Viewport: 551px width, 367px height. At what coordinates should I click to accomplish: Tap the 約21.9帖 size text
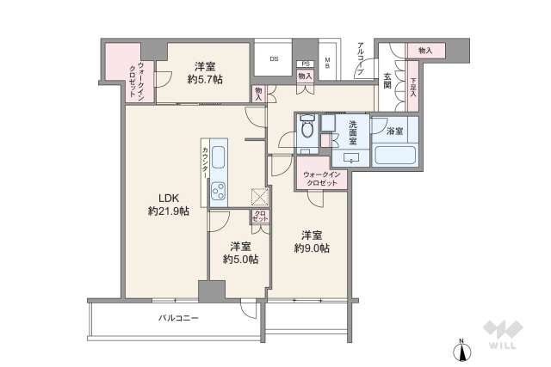(167, 211)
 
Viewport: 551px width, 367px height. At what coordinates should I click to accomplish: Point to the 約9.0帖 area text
(312, 248)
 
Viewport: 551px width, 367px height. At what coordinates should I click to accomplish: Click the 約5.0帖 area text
(240, 259)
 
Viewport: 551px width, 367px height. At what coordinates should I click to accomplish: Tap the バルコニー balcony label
(178, 319)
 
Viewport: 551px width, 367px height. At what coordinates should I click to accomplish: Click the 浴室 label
(395, 131)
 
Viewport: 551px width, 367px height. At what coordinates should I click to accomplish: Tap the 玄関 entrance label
(387, 83)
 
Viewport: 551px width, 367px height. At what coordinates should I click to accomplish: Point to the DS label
(274, 58)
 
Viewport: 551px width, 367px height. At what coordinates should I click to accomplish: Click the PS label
(305, 64)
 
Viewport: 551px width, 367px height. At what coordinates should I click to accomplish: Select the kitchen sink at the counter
(219, 158)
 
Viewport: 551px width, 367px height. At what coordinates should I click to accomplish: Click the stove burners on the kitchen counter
(219, 189)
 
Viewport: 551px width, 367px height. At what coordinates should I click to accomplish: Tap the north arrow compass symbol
(461, 350)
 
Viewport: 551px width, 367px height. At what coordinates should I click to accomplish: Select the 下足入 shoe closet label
(412, 88)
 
